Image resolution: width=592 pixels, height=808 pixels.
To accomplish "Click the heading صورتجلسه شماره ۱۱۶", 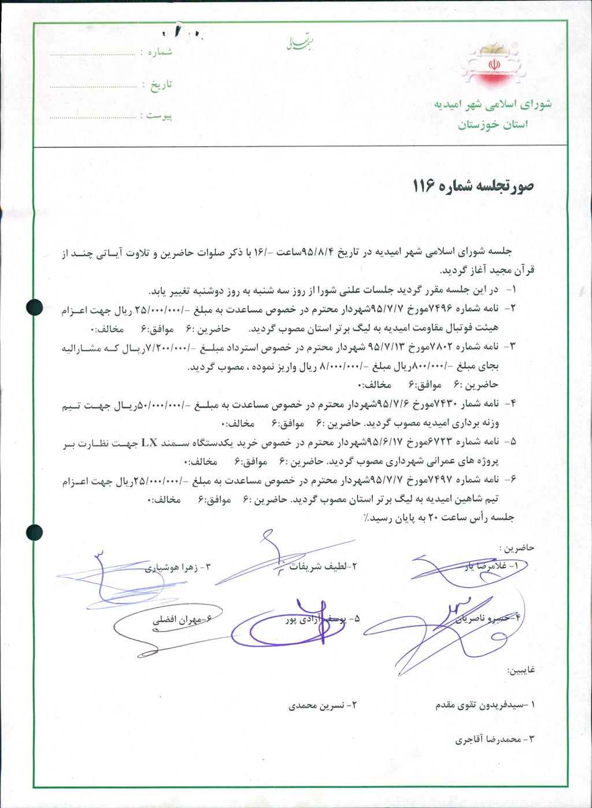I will coord(473,186).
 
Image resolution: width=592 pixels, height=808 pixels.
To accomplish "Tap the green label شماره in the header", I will coord(160,52).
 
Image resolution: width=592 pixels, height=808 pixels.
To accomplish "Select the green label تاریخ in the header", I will coord(161,84).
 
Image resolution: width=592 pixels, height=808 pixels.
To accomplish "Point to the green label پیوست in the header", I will coord(159,116).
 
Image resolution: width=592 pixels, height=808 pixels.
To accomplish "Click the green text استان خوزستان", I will coord(493,125).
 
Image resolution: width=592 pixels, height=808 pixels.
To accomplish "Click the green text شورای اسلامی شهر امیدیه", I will coord(493,105).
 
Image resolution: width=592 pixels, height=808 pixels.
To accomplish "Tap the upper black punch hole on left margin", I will coord(35,307).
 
